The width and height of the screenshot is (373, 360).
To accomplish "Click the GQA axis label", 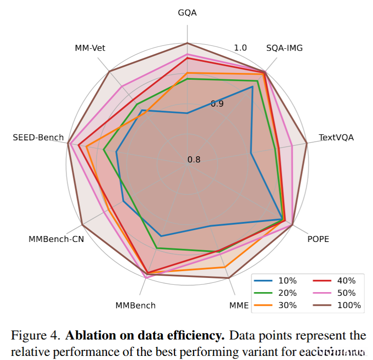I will point(187,13).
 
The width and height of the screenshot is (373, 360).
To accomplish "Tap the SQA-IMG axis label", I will point(284,48).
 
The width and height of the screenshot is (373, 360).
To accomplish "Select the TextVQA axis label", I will point(336,137).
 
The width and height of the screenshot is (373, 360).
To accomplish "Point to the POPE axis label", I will point(318,239).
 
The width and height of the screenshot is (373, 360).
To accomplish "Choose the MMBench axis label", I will point(135,305).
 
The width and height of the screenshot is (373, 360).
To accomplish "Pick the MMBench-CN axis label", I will point(56,239).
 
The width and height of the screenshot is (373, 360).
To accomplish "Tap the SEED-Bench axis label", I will point(38,137).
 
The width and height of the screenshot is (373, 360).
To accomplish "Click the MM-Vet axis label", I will point(90,48).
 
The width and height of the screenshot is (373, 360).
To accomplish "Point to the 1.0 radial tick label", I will point(240,48).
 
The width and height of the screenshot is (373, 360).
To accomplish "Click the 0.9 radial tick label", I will point(217,103).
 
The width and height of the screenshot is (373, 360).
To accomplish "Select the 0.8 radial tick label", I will point(194,159).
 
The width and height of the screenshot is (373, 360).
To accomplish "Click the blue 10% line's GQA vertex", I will point(187,113).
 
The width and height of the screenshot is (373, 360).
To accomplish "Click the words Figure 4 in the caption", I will point(35,336).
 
